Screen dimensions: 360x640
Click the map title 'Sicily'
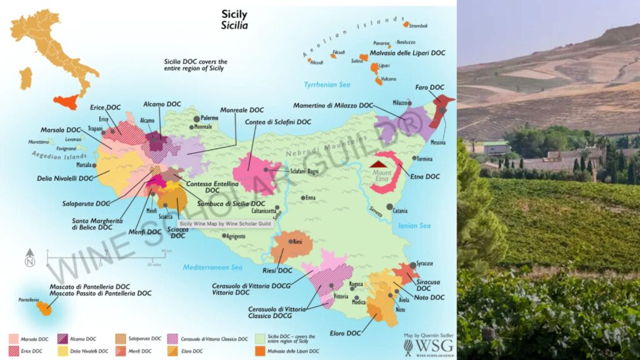[234, 14]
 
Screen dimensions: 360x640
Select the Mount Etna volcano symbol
[381, 164]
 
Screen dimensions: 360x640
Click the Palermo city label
[209, 117]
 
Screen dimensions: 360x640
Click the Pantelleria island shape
[44, 307]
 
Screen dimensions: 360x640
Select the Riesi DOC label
[276, 271]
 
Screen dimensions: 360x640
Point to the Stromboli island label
[418, 26]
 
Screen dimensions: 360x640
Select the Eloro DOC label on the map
[344, 333]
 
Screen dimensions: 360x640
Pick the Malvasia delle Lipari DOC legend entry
[297, 351]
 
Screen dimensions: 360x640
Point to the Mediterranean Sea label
[212, 267]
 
